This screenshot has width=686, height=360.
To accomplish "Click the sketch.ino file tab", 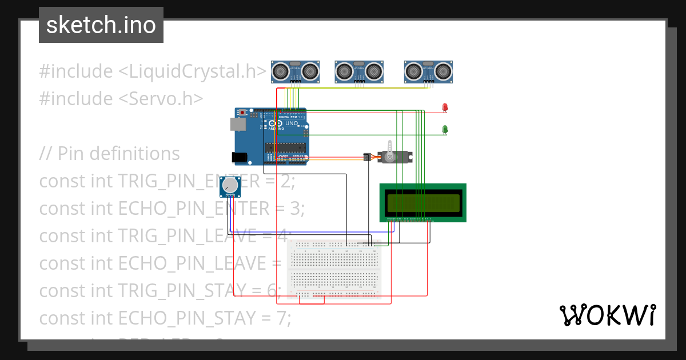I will (x=101, y=25).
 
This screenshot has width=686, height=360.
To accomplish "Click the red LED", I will (x=445, y=107).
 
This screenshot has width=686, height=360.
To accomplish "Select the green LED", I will (x=445, y=129).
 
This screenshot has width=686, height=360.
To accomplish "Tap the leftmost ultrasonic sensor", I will (x=294, y=71).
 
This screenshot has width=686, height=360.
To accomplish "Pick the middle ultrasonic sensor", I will (x=358, y=71).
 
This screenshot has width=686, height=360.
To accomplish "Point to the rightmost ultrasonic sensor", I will (x=428, y=71).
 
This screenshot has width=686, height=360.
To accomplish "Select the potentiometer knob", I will (x=230, y=185).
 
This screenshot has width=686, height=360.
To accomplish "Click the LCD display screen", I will (x=423, y=202).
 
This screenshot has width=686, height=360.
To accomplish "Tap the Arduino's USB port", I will (x=235, y=123).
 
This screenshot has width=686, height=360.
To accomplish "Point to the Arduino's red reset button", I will (x=244, y=112).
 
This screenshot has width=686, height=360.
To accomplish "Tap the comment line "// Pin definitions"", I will (x=109, y=153).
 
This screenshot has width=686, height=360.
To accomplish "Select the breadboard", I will (x=334, y=269).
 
